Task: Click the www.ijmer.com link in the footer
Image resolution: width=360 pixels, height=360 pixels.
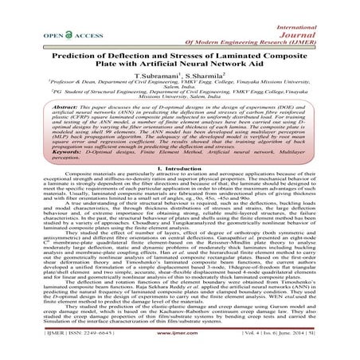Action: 180,348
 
